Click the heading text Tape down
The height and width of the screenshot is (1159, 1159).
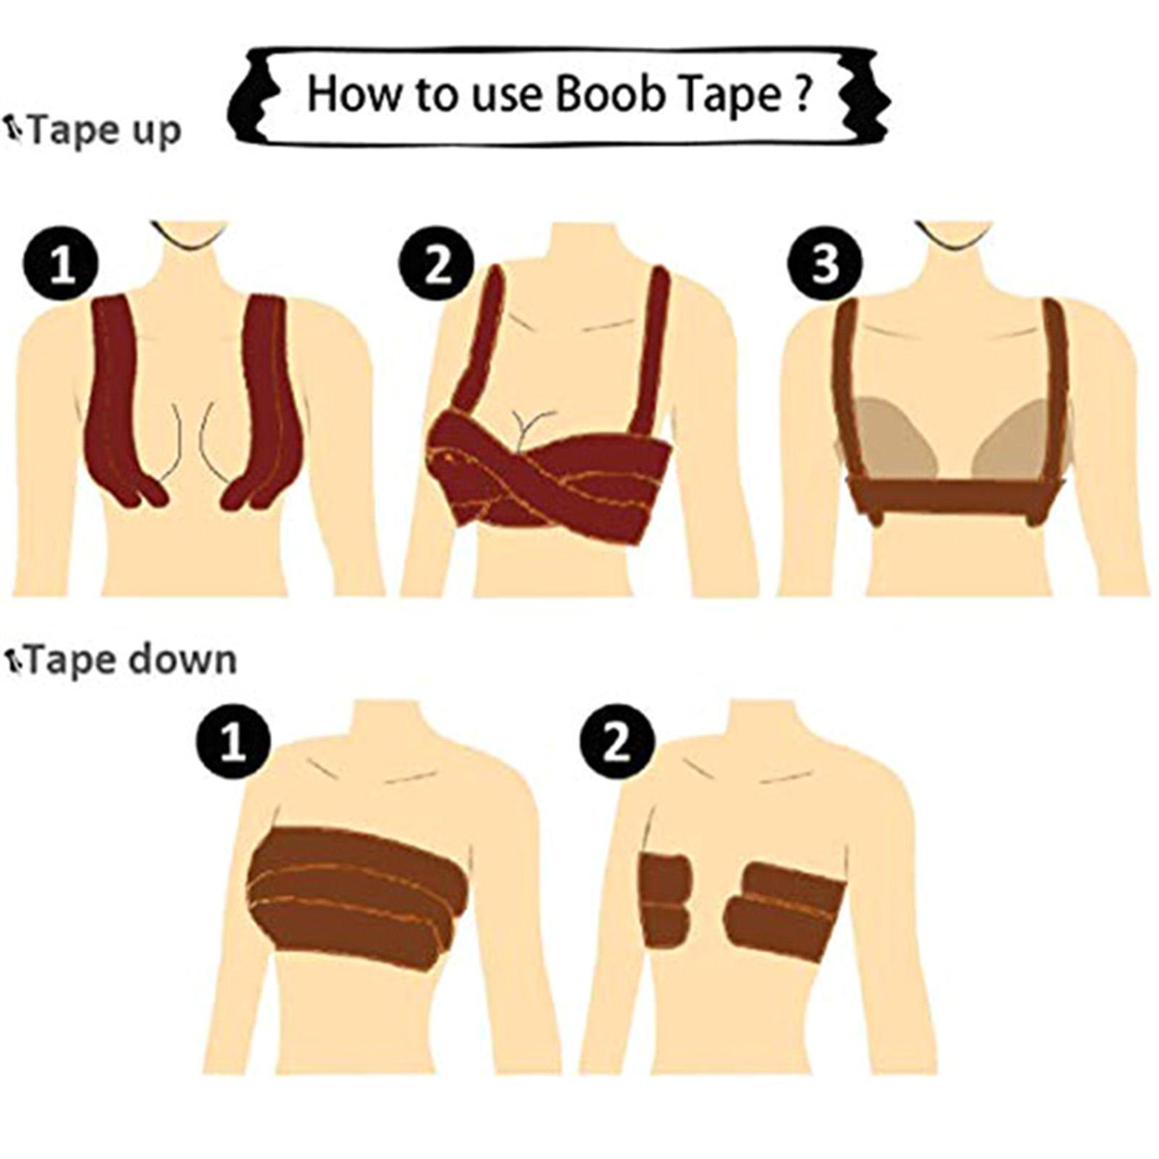(131, 661)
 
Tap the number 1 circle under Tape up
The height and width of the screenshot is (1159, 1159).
(61, 262)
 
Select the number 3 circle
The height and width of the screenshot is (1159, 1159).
(825, 262)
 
